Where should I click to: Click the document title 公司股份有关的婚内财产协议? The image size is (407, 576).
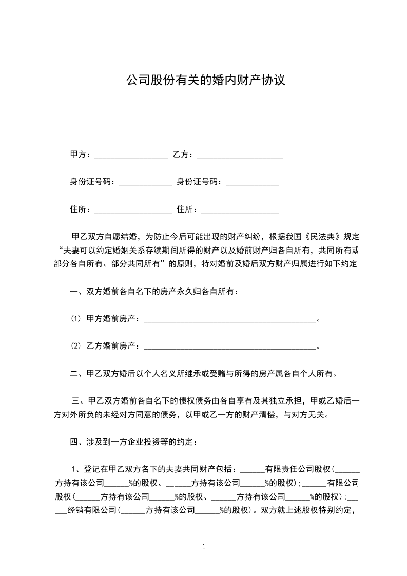[205, 81]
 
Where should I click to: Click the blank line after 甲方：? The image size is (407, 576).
[131, 155]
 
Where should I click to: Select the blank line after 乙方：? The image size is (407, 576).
[240, 155]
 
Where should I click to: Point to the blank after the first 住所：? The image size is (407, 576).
[133, 210]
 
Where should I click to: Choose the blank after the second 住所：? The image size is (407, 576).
[240, 210]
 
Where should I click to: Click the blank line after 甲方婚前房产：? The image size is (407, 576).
[229, 320]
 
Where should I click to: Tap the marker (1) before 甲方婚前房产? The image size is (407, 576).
[76, 319]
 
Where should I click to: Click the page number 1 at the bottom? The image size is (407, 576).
[204, 547]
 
